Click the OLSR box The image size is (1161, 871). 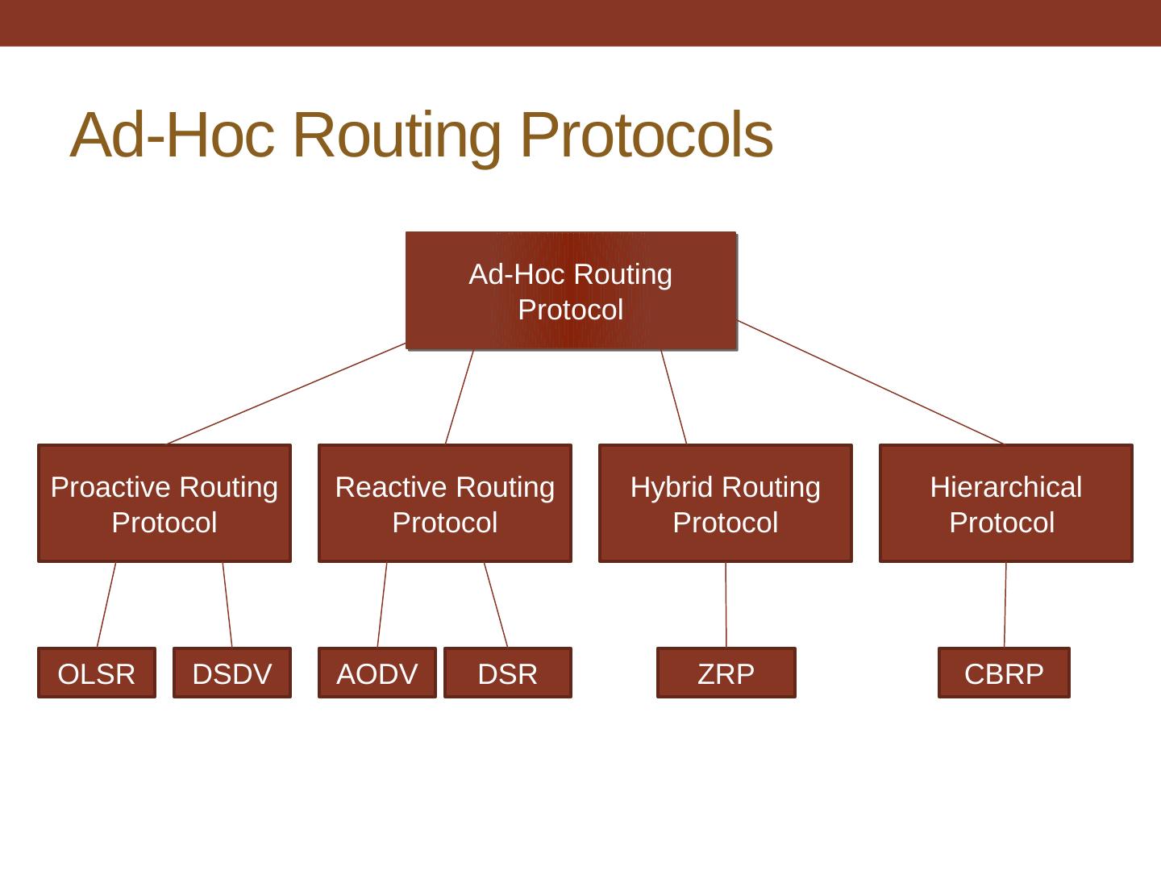[x=97, y=673]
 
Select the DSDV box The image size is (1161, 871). [x=232, y=673]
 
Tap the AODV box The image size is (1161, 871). [x=377, y=673]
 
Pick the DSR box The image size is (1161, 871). [x=508, y=673]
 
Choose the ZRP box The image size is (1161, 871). [x=726, y=673]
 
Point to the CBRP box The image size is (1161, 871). [x=1004, y=673]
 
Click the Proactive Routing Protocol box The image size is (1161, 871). [x=164, y=503]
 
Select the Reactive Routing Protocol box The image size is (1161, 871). [x=445, y=503]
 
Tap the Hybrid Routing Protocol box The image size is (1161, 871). [x=726, y=503]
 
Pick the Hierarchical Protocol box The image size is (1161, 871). [x=1006, y=503]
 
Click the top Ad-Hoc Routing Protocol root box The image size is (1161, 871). [x=571, y=291]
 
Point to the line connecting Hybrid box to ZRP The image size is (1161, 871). [x=726, y=605]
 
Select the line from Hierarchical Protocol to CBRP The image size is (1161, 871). [x=1005, y=605]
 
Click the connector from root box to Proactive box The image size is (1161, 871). [x=287, y=394]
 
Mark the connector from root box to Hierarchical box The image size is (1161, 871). [x=871, y=382]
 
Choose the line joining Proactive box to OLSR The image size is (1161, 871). [x=106, y=605]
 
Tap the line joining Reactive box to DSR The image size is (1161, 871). [x=496, y=605]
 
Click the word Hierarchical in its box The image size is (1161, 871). [x=1006, y=487]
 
